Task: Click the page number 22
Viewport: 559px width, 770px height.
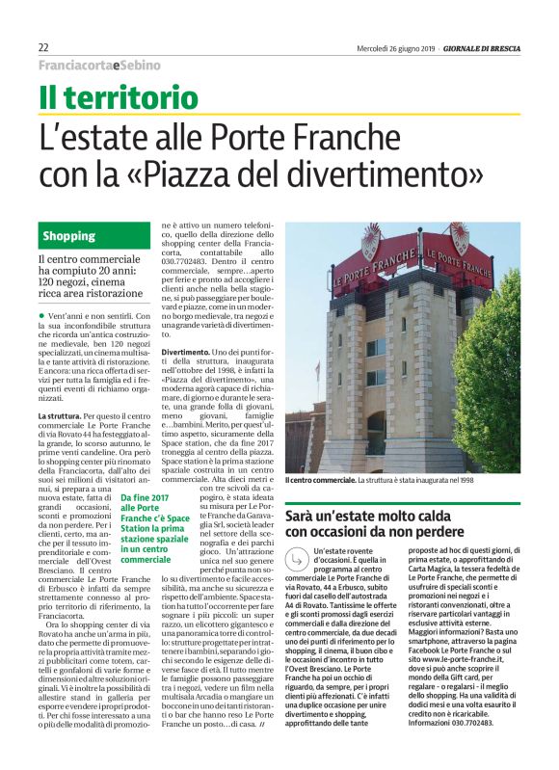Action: (x=43, y=47)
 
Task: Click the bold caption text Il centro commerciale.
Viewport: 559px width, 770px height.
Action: (x=319, y=479)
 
